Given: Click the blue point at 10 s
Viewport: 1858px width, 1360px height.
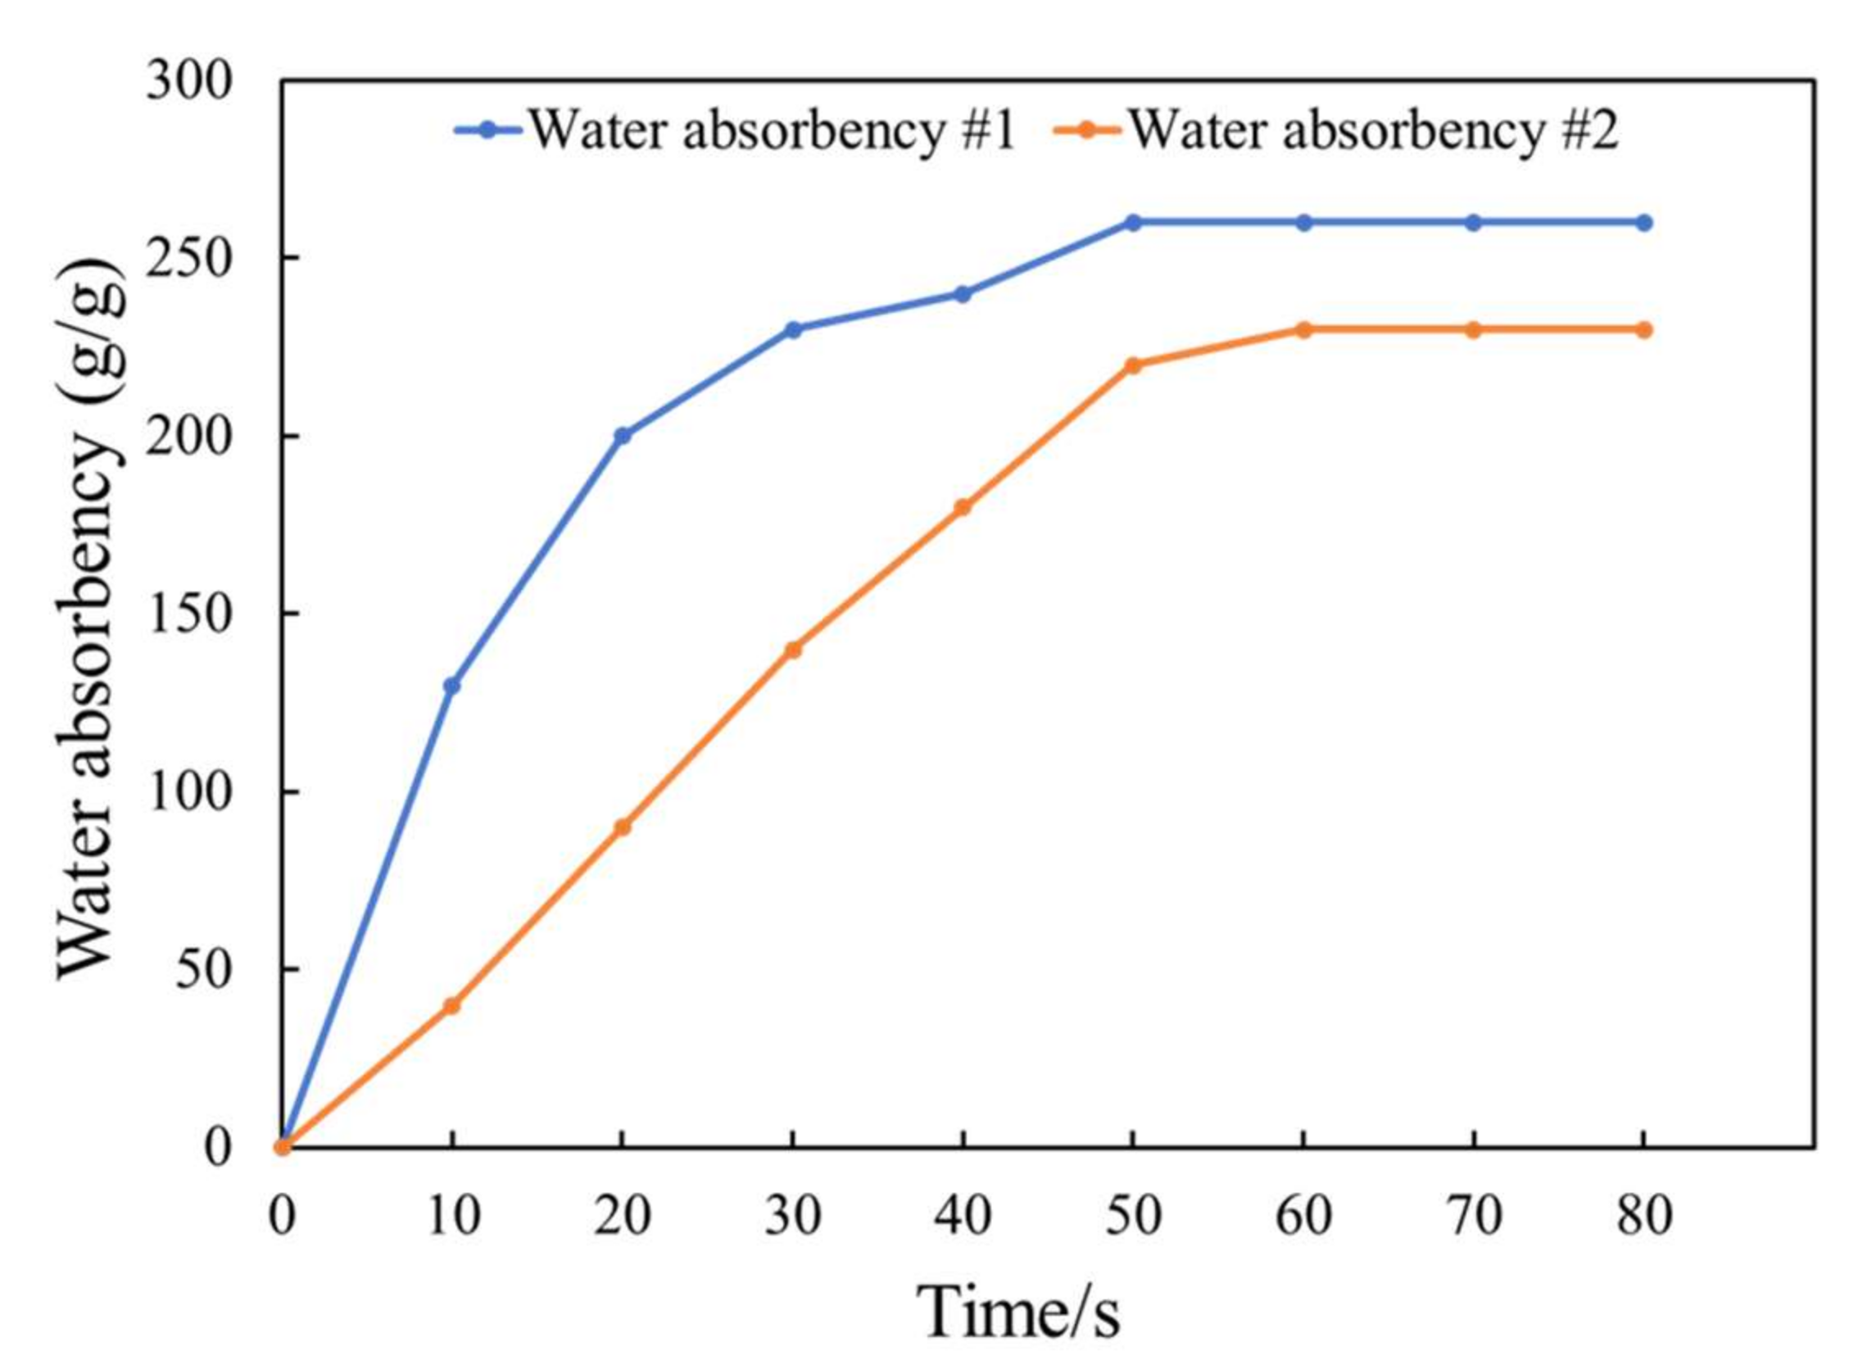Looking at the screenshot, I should tap(452, 685).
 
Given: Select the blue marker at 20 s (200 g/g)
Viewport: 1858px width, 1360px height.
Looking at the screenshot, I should tap(623, 436).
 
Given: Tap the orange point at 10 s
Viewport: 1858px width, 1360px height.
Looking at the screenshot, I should tap(452, 1006).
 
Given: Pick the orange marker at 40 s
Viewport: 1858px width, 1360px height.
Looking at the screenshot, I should tap(963, 507).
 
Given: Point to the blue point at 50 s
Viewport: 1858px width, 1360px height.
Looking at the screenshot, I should tap(1133, 222).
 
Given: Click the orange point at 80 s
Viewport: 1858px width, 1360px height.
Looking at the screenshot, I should tap(1643, 329).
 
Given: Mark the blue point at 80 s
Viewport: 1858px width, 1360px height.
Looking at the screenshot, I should tap(1643, 222).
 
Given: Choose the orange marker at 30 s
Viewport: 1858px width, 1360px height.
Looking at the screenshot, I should tap(793, 650).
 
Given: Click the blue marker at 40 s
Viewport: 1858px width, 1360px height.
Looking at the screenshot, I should tap(963, 294).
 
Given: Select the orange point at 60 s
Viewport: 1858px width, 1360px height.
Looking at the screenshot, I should tap(1303, 329).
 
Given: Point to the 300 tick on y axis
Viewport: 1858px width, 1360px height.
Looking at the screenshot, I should tap(189, 82).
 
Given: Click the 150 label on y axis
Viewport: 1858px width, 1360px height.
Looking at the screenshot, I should tap(189, 614).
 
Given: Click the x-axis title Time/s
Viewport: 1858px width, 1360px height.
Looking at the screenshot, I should tap(1018, 1311).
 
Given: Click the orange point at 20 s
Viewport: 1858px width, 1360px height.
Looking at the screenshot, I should tap(623, 827).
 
